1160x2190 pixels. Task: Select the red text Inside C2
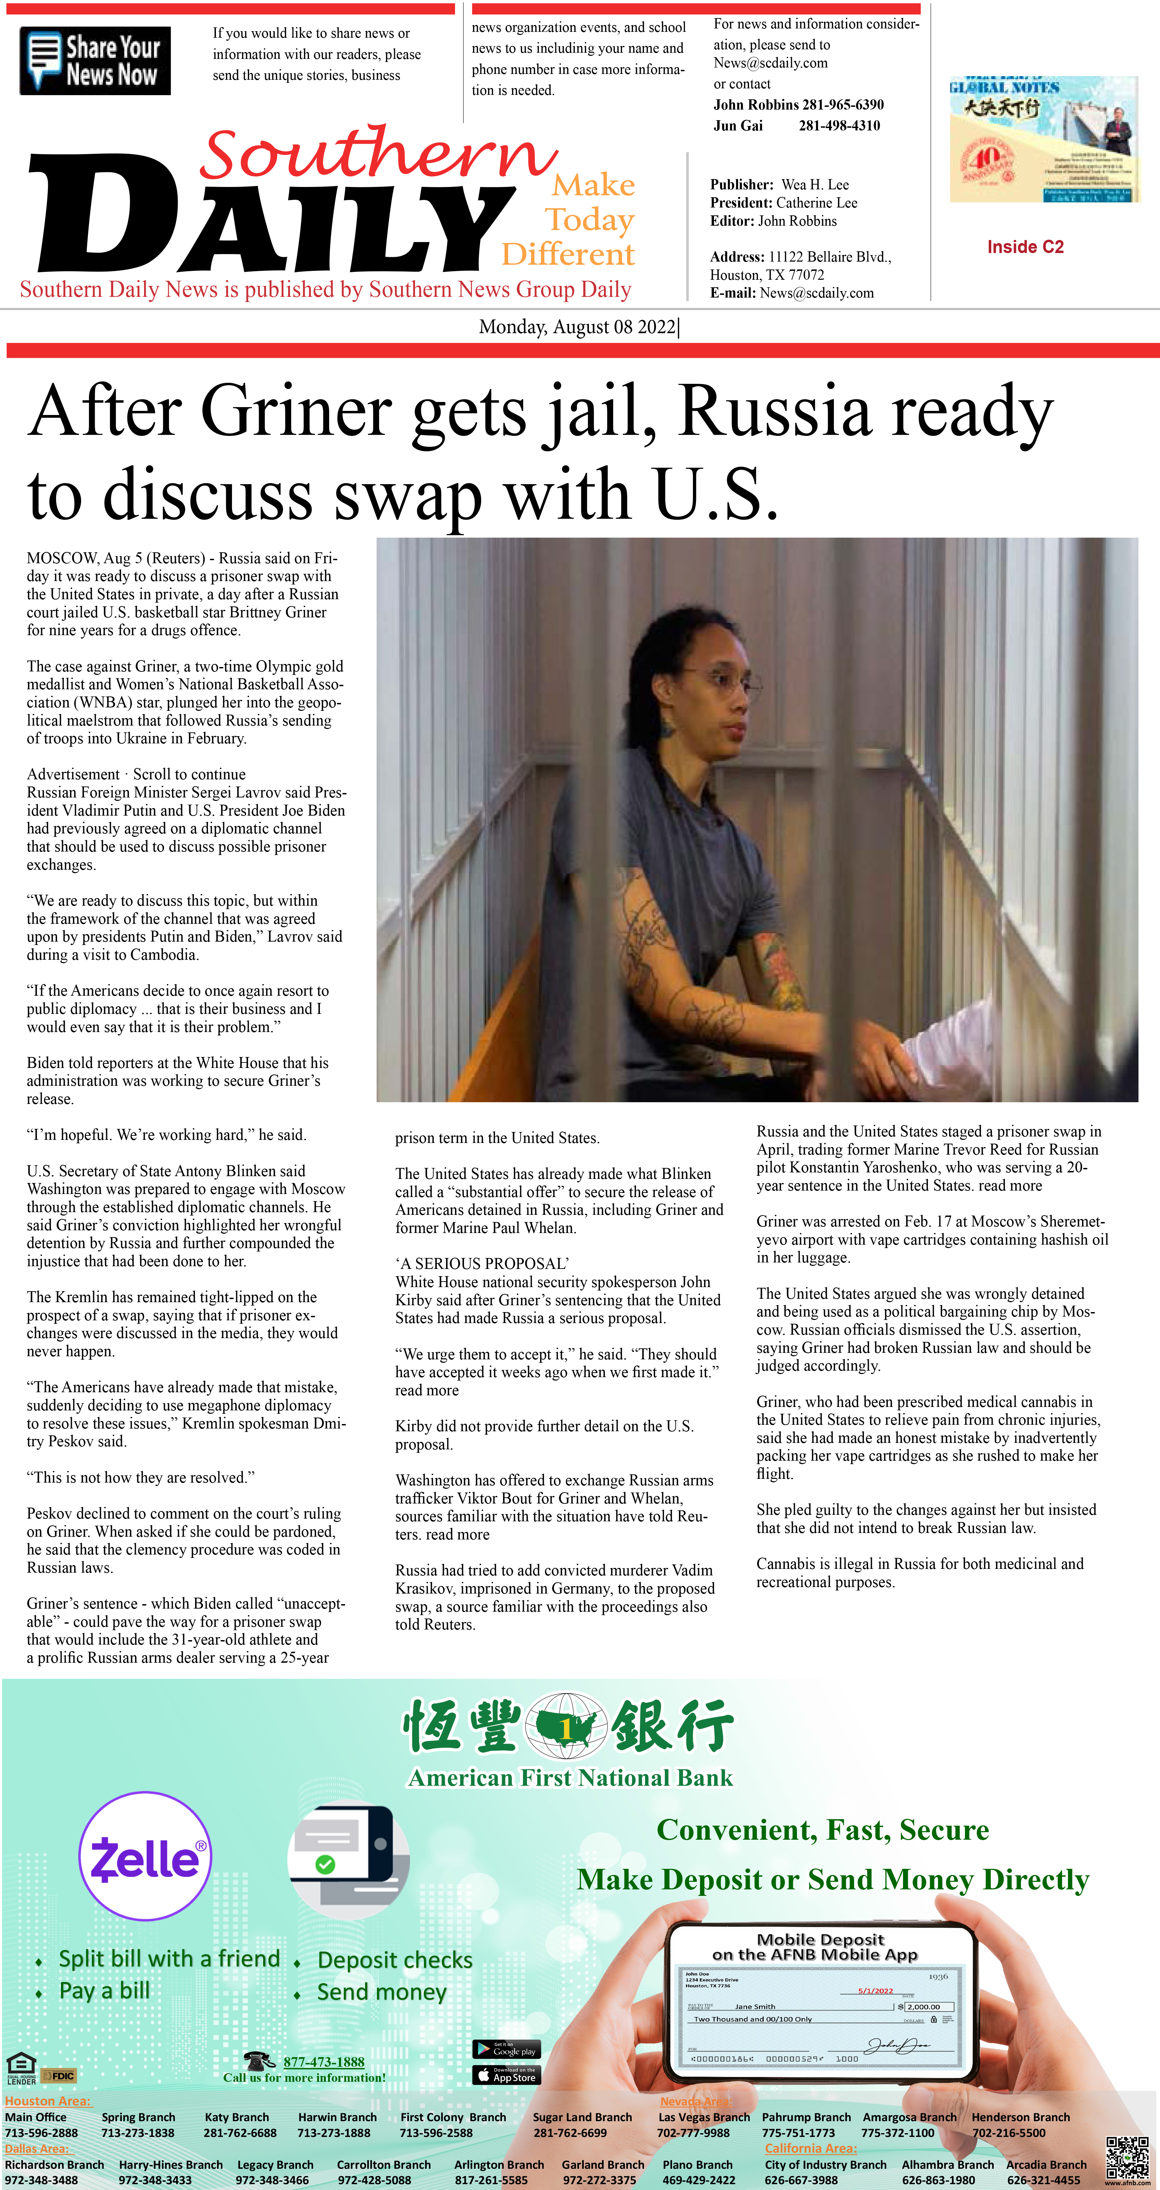[x=1025, y=248]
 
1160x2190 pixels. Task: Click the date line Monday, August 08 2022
[x=578, y=327]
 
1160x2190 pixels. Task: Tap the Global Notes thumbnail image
[x=1044, y=139]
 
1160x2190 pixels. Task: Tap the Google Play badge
[x=506, y=2049]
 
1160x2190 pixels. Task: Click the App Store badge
[x=506, y=2075]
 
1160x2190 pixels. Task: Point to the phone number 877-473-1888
[x=324, y=2062]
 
